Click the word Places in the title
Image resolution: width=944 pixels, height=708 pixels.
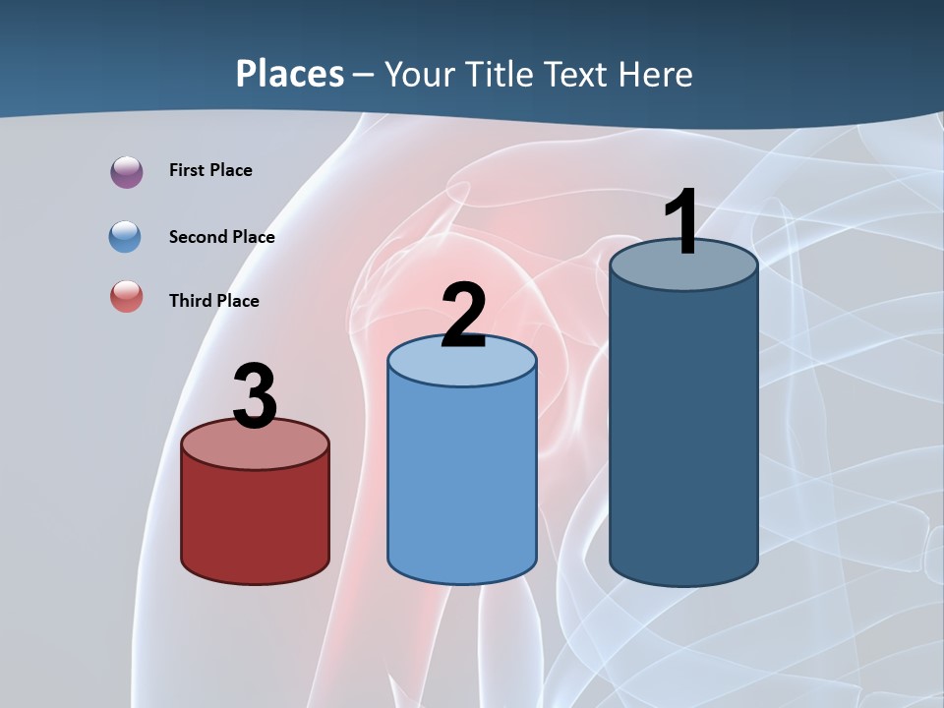pos(290,74)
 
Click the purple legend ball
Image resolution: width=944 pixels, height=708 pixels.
pos(127,171)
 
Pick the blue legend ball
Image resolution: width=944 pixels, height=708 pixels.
pos(126,237)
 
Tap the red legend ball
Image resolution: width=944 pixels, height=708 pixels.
pos(127,296)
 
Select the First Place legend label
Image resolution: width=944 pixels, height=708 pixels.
pos(210,170)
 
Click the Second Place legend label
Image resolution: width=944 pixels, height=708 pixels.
pos(221,237)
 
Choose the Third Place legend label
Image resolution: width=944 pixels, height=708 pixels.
pos(213,301)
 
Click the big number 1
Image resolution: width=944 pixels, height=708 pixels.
pos(681,222)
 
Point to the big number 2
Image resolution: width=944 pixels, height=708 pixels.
pos(463,317)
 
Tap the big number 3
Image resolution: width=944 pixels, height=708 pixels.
pos(255,397)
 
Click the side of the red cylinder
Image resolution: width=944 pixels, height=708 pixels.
pos(255,521)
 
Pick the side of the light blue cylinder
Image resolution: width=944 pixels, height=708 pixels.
pos(462,482)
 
